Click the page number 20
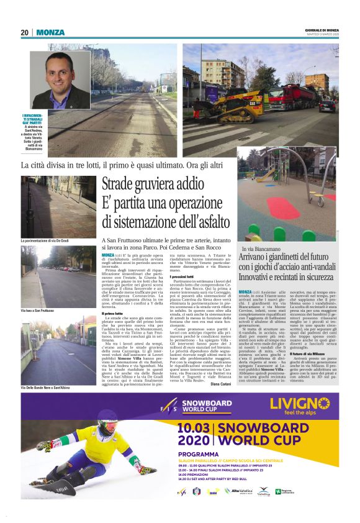coord(25,32)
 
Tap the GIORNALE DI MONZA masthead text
coord(322,29)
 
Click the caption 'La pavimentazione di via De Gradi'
coord(49,240)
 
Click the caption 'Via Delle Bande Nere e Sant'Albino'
coord(50,386)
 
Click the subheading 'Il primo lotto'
coord(115,314)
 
